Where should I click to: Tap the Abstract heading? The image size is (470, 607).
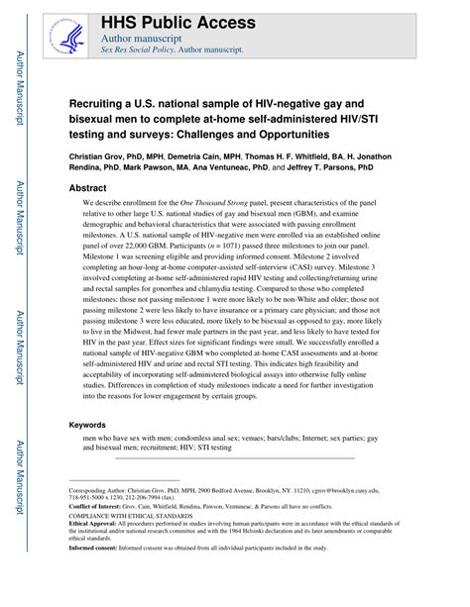point(87,185)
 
